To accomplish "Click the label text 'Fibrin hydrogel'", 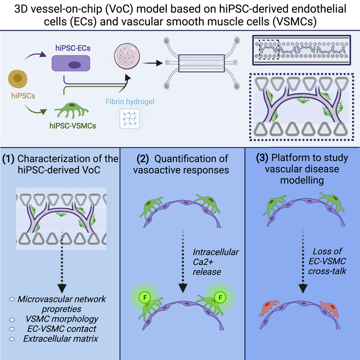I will coord(130,102).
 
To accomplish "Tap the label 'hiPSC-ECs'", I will coord(70,47).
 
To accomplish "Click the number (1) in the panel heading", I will coord(9,159).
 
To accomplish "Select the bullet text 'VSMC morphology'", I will coord(62,319).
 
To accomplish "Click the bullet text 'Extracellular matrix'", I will coord(61,339).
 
